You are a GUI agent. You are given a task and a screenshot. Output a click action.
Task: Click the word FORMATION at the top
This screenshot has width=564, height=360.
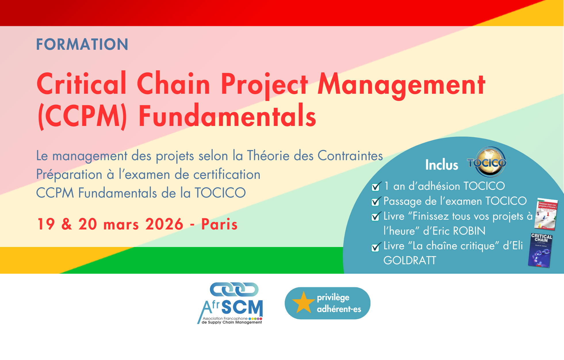pos(82,44)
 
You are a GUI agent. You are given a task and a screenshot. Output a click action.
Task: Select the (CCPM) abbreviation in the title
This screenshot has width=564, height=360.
pos(82,116)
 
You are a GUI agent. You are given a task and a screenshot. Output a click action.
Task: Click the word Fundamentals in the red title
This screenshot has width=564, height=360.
pos(227,116)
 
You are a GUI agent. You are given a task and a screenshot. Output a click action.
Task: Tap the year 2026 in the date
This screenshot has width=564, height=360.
pos(164,224)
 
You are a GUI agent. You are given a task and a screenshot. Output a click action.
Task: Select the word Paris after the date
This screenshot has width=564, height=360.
pos(219,224)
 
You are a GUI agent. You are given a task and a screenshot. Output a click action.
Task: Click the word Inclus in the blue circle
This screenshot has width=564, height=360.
pos(441,165)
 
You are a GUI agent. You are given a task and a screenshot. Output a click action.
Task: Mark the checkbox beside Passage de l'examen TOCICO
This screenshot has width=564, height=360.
pos(376,202)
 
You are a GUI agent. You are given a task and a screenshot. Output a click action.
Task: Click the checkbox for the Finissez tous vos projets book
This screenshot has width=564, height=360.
pos(376,217)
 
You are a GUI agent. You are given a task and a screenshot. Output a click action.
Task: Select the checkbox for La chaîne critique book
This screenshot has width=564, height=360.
pos(376,247)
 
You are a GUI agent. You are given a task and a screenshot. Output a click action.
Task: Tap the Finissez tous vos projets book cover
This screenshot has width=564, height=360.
pos(546,214)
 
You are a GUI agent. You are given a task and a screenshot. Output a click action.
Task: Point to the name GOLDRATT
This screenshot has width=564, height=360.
pos(410,261)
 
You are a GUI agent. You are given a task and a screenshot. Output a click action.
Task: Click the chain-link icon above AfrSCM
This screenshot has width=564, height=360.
pos(234,289)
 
